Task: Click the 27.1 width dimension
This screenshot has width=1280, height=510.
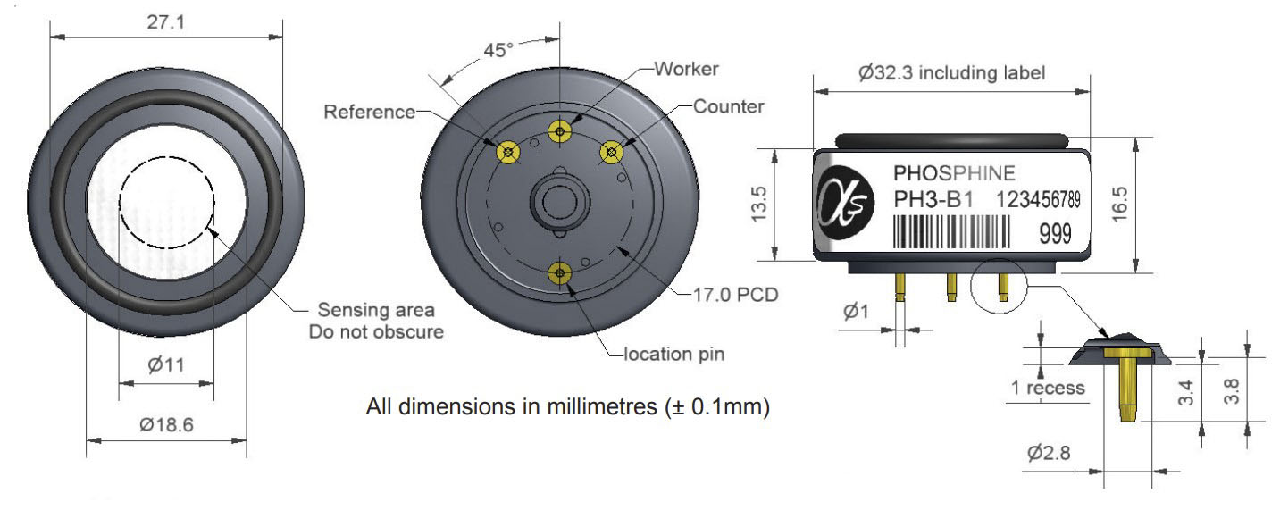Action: click(166, 22)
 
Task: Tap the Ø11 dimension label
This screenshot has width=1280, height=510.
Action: click(166, 364)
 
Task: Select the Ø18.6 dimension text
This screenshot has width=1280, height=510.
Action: click(166, 424)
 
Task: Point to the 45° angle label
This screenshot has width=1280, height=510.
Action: click(498, 50)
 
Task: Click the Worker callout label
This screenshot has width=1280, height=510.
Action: click(686, 69)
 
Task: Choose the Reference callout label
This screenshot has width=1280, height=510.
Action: click(369, 112)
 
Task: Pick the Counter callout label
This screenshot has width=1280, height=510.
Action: click(729, 107)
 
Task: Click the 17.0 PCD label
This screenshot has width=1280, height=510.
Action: click(735, 295)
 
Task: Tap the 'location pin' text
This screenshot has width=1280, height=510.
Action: click(673, 354)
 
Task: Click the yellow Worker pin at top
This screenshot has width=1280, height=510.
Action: click(559, 131)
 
